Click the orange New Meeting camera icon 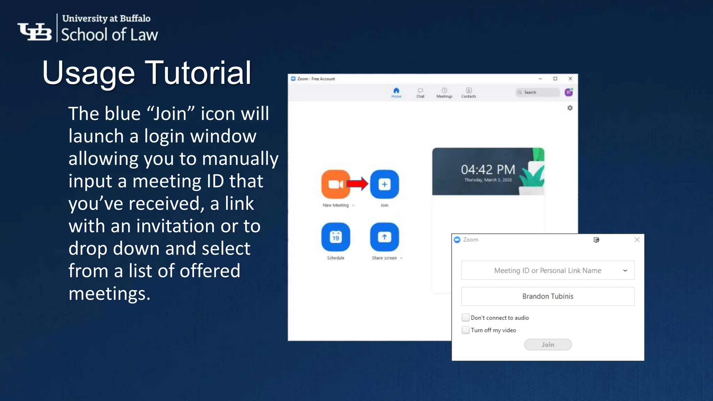coord(336,184)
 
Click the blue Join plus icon coord(384,184)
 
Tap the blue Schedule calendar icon coord(336,237)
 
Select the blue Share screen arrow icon coord(384,237)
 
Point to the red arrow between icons coord(357,184)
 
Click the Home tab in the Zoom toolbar coord(396,93)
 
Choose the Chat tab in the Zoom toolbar coord(420,93)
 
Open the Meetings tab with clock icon coord(444,93)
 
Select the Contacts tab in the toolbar coord(469,93)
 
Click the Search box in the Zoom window coord(537,92)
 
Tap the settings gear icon coord(570,108)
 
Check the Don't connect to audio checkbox coord(465,317)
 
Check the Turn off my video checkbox coord(465,330)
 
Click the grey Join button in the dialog coord(548,345)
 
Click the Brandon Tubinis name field coord(548,296)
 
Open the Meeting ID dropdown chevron coord(625,270)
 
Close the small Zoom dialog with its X coord(637,239)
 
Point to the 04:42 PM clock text coord(488,170)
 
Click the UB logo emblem coord(35,32)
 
